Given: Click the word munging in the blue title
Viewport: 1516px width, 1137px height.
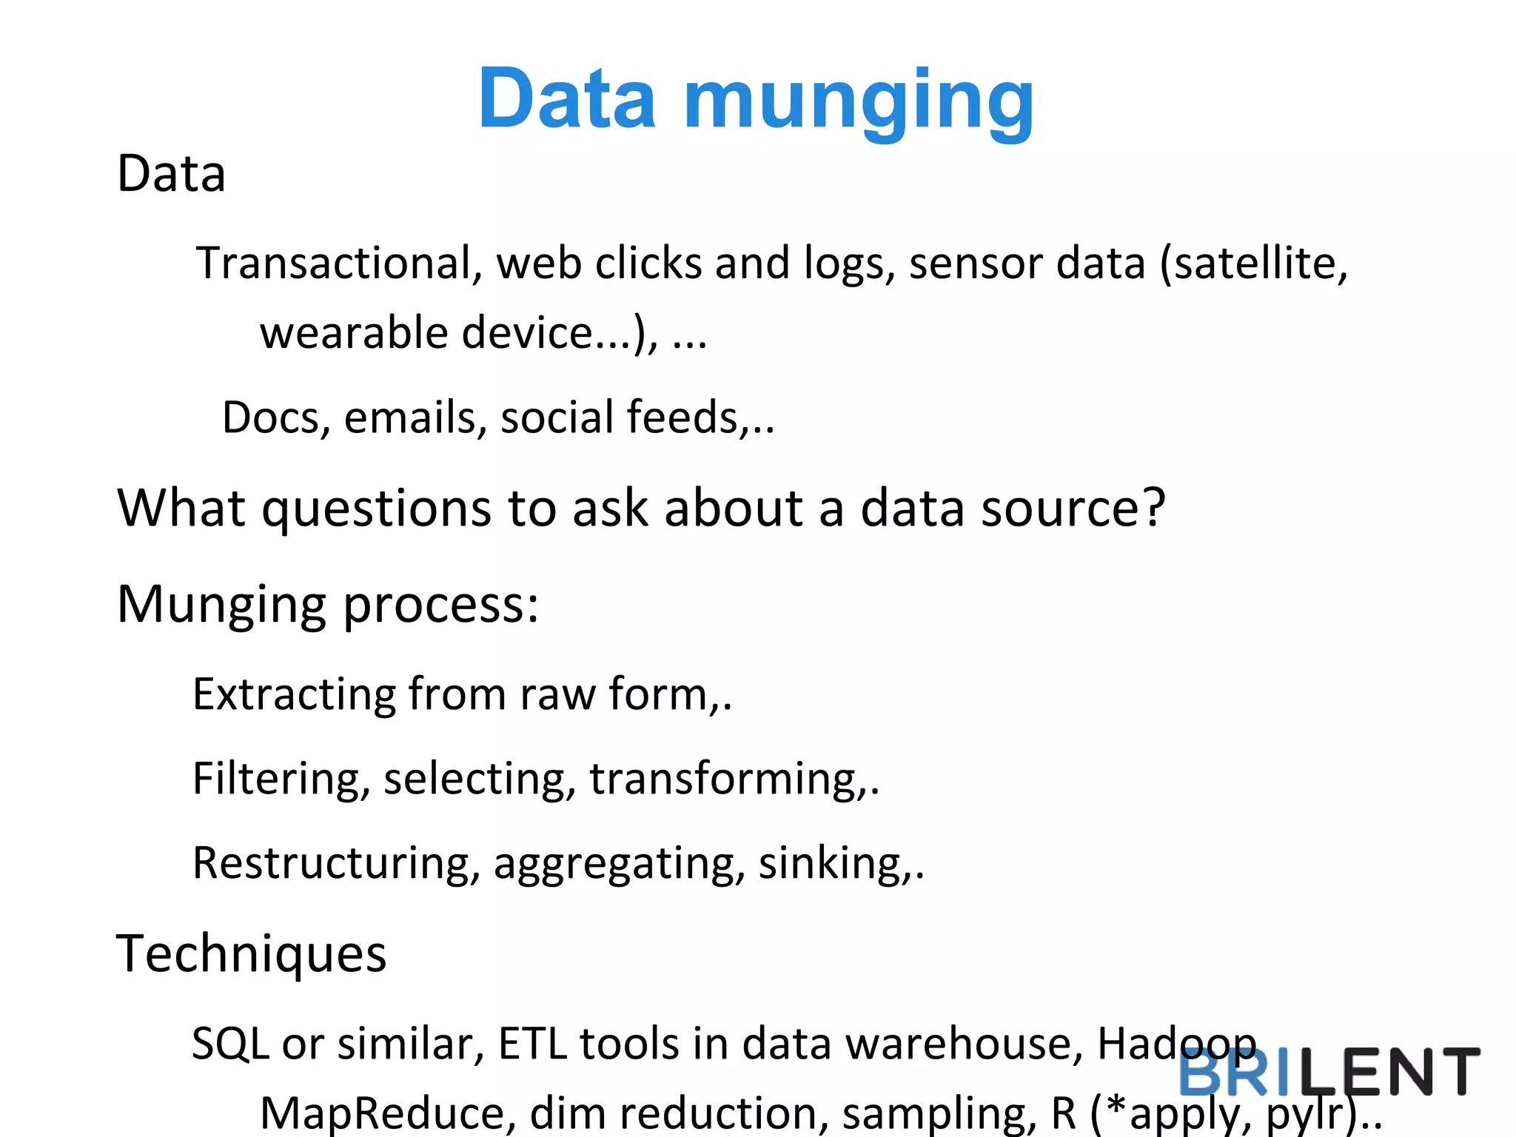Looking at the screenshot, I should click(x=859, y=100).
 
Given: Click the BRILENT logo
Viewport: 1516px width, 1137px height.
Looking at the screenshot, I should click(x=1329, y=1072).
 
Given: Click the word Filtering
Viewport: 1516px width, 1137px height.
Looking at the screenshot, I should click(x=281, y=779).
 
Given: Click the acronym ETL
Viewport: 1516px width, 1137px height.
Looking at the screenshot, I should click(x=532, y=1044).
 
